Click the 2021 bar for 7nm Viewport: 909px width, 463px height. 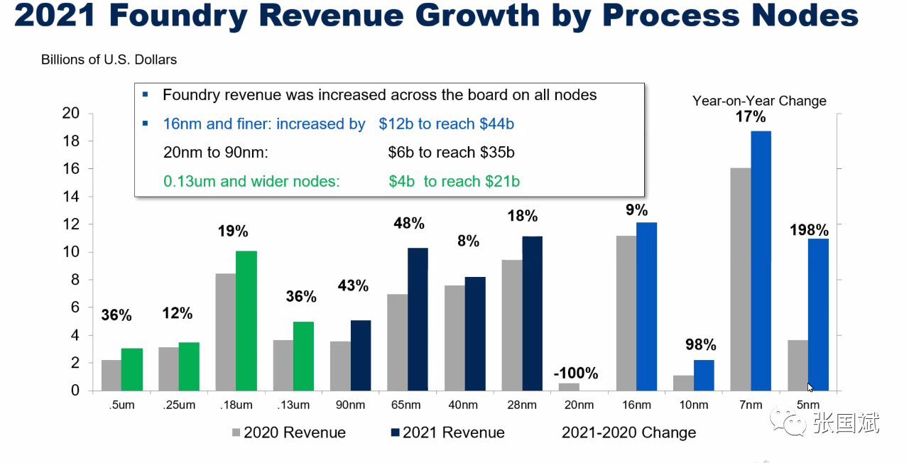[x=761, y=261]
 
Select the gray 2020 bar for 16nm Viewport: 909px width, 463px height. [x=626, y=313]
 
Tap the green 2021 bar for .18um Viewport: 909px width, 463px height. [x=246, y=321]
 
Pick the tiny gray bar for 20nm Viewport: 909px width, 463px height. [x=570, y=387]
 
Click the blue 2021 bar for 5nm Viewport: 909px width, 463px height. [x=818, y=315]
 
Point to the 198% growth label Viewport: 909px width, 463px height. [x=809, y=230]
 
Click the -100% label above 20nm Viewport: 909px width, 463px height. [x=577, y=373]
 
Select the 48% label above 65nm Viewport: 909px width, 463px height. [x=408, y=224]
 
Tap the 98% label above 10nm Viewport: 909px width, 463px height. [x=701, y=345]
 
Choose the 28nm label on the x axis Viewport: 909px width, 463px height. [x=522, y=405]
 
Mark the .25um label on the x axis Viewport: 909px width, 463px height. [x=178, y=405]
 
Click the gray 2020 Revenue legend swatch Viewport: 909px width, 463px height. [x=236, y=432]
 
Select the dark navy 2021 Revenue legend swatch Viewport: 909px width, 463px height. [x=395, y=432]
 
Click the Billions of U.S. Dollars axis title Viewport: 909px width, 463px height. [x=109, y=60]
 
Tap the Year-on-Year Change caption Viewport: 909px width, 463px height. [x=759, y=101]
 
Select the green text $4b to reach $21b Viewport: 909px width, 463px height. [x=454, y=182]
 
